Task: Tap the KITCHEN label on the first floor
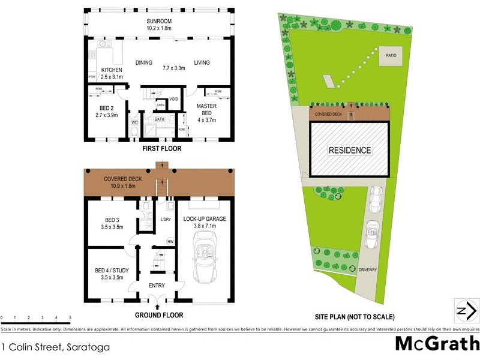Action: (x=112, y=70)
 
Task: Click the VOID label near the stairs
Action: (x=174, y=99)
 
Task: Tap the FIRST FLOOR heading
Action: (x=161, y=148)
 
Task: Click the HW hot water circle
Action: (x=170, y=242)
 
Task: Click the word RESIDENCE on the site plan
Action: (x=349, y=150)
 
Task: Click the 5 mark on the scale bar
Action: (x=70, y=317)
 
